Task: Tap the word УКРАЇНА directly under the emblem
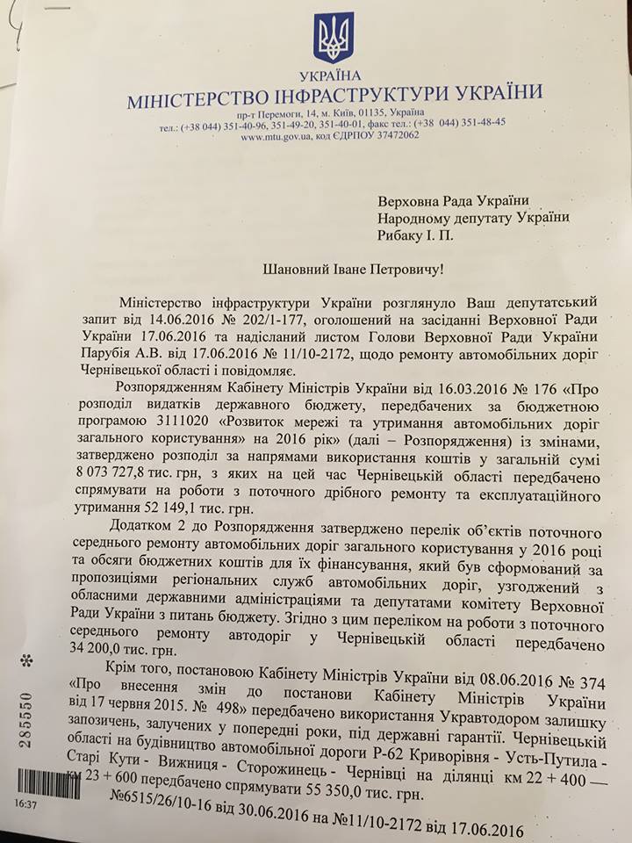pyautogui.click(x=334, y=77)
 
